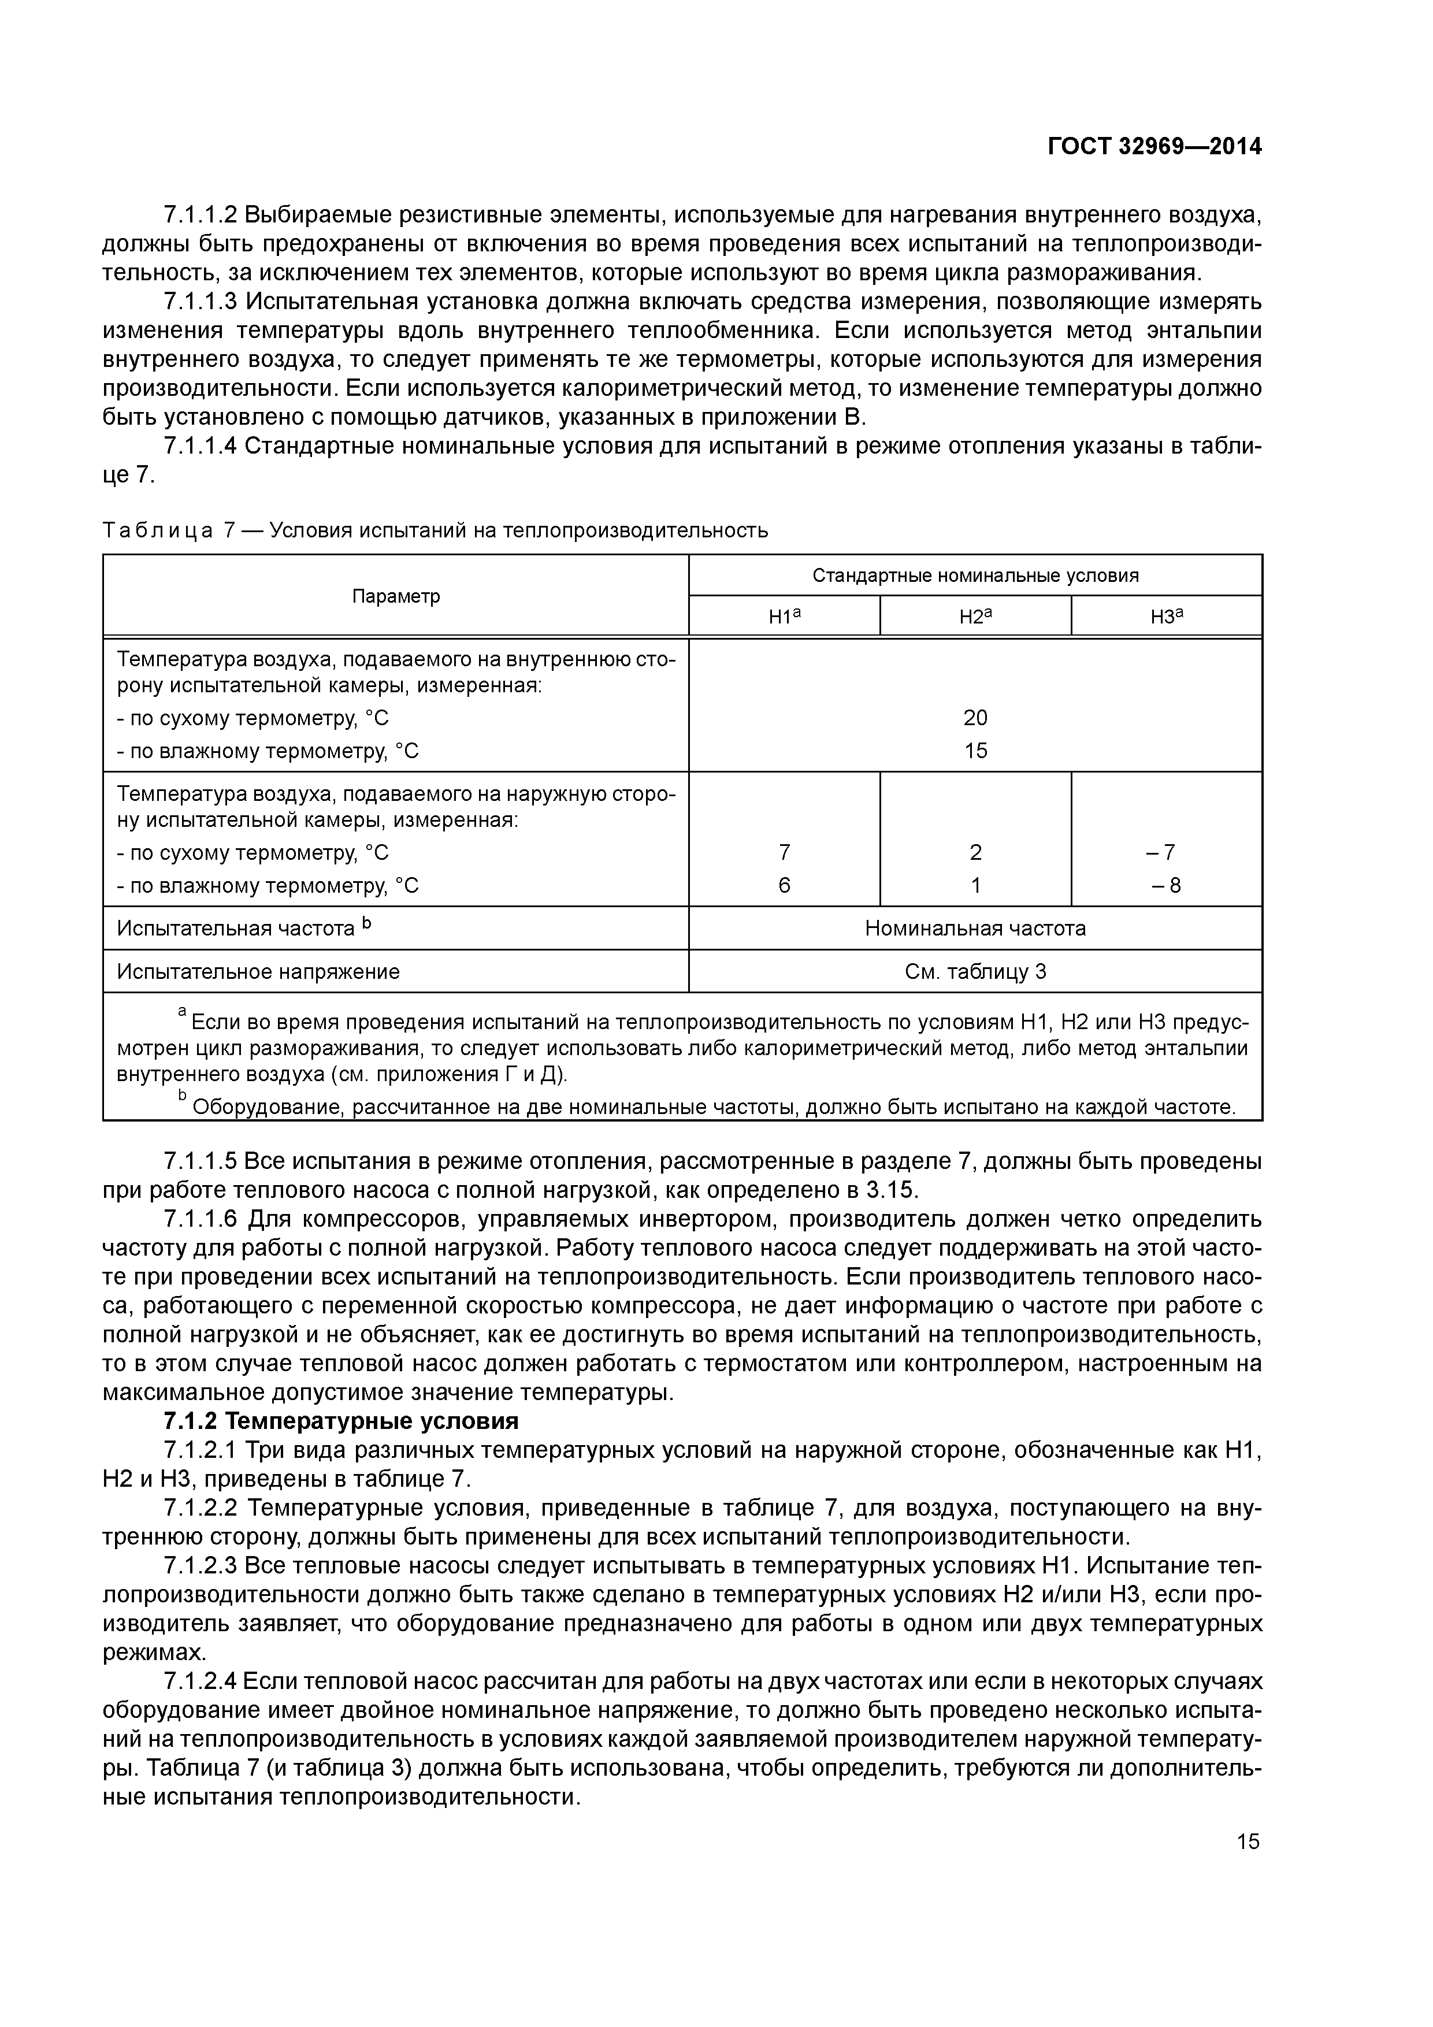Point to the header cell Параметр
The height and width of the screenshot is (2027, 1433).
pyautogui.click(x=396, y=596)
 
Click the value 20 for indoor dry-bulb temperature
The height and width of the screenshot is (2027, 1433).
pyautogui.click(x=975, y=718)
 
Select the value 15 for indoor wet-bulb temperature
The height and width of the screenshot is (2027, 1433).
pyautogui.click(x=975, y=751)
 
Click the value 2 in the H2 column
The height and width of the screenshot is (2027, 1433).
pyautogui.click(x=975, y=852)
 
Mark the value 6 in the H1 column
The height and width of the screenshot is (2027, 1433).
pyautogui.click(x=784, y=885)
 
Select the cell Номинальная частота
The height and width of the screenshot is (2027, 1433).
pyautogui.click(x=975, y=928)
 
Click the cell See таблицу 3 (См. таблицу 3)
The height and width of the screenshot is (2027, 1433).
pyautogui.click(x=975, y=971)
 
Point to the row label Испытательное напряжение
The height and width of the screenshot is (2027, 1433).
pyautogui.click(x=258, y=971)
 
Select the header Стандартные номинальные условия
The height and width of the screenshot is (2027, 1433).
pyautogui.click(x=975, y=576)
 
